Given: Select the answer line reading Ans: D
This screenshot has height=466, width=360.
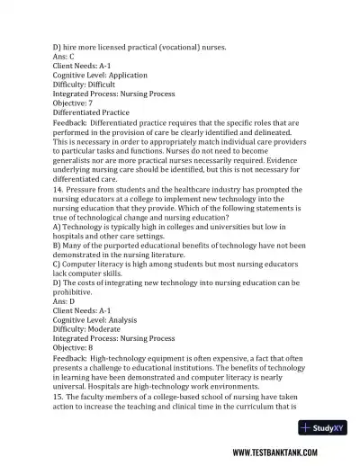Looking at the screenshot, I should coord(68,301).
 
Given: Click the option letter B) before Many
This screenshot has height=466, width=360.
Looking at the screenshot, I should coord(58,252).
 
